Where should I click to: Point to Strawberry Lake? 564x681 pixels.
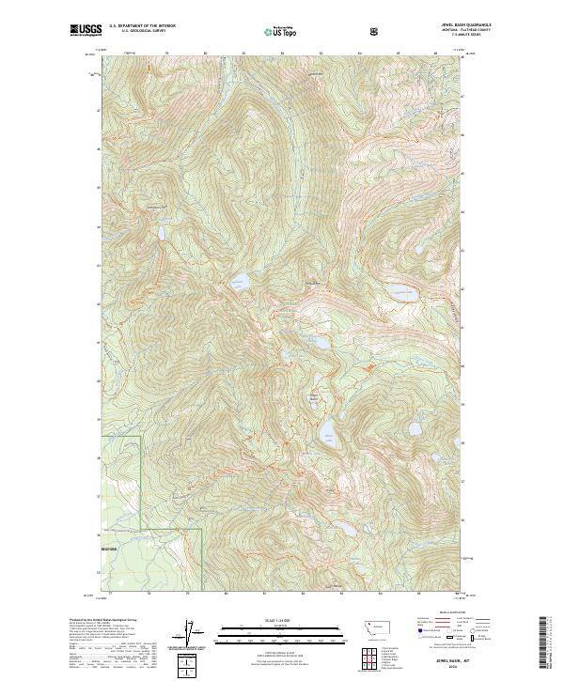(162, 231)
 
